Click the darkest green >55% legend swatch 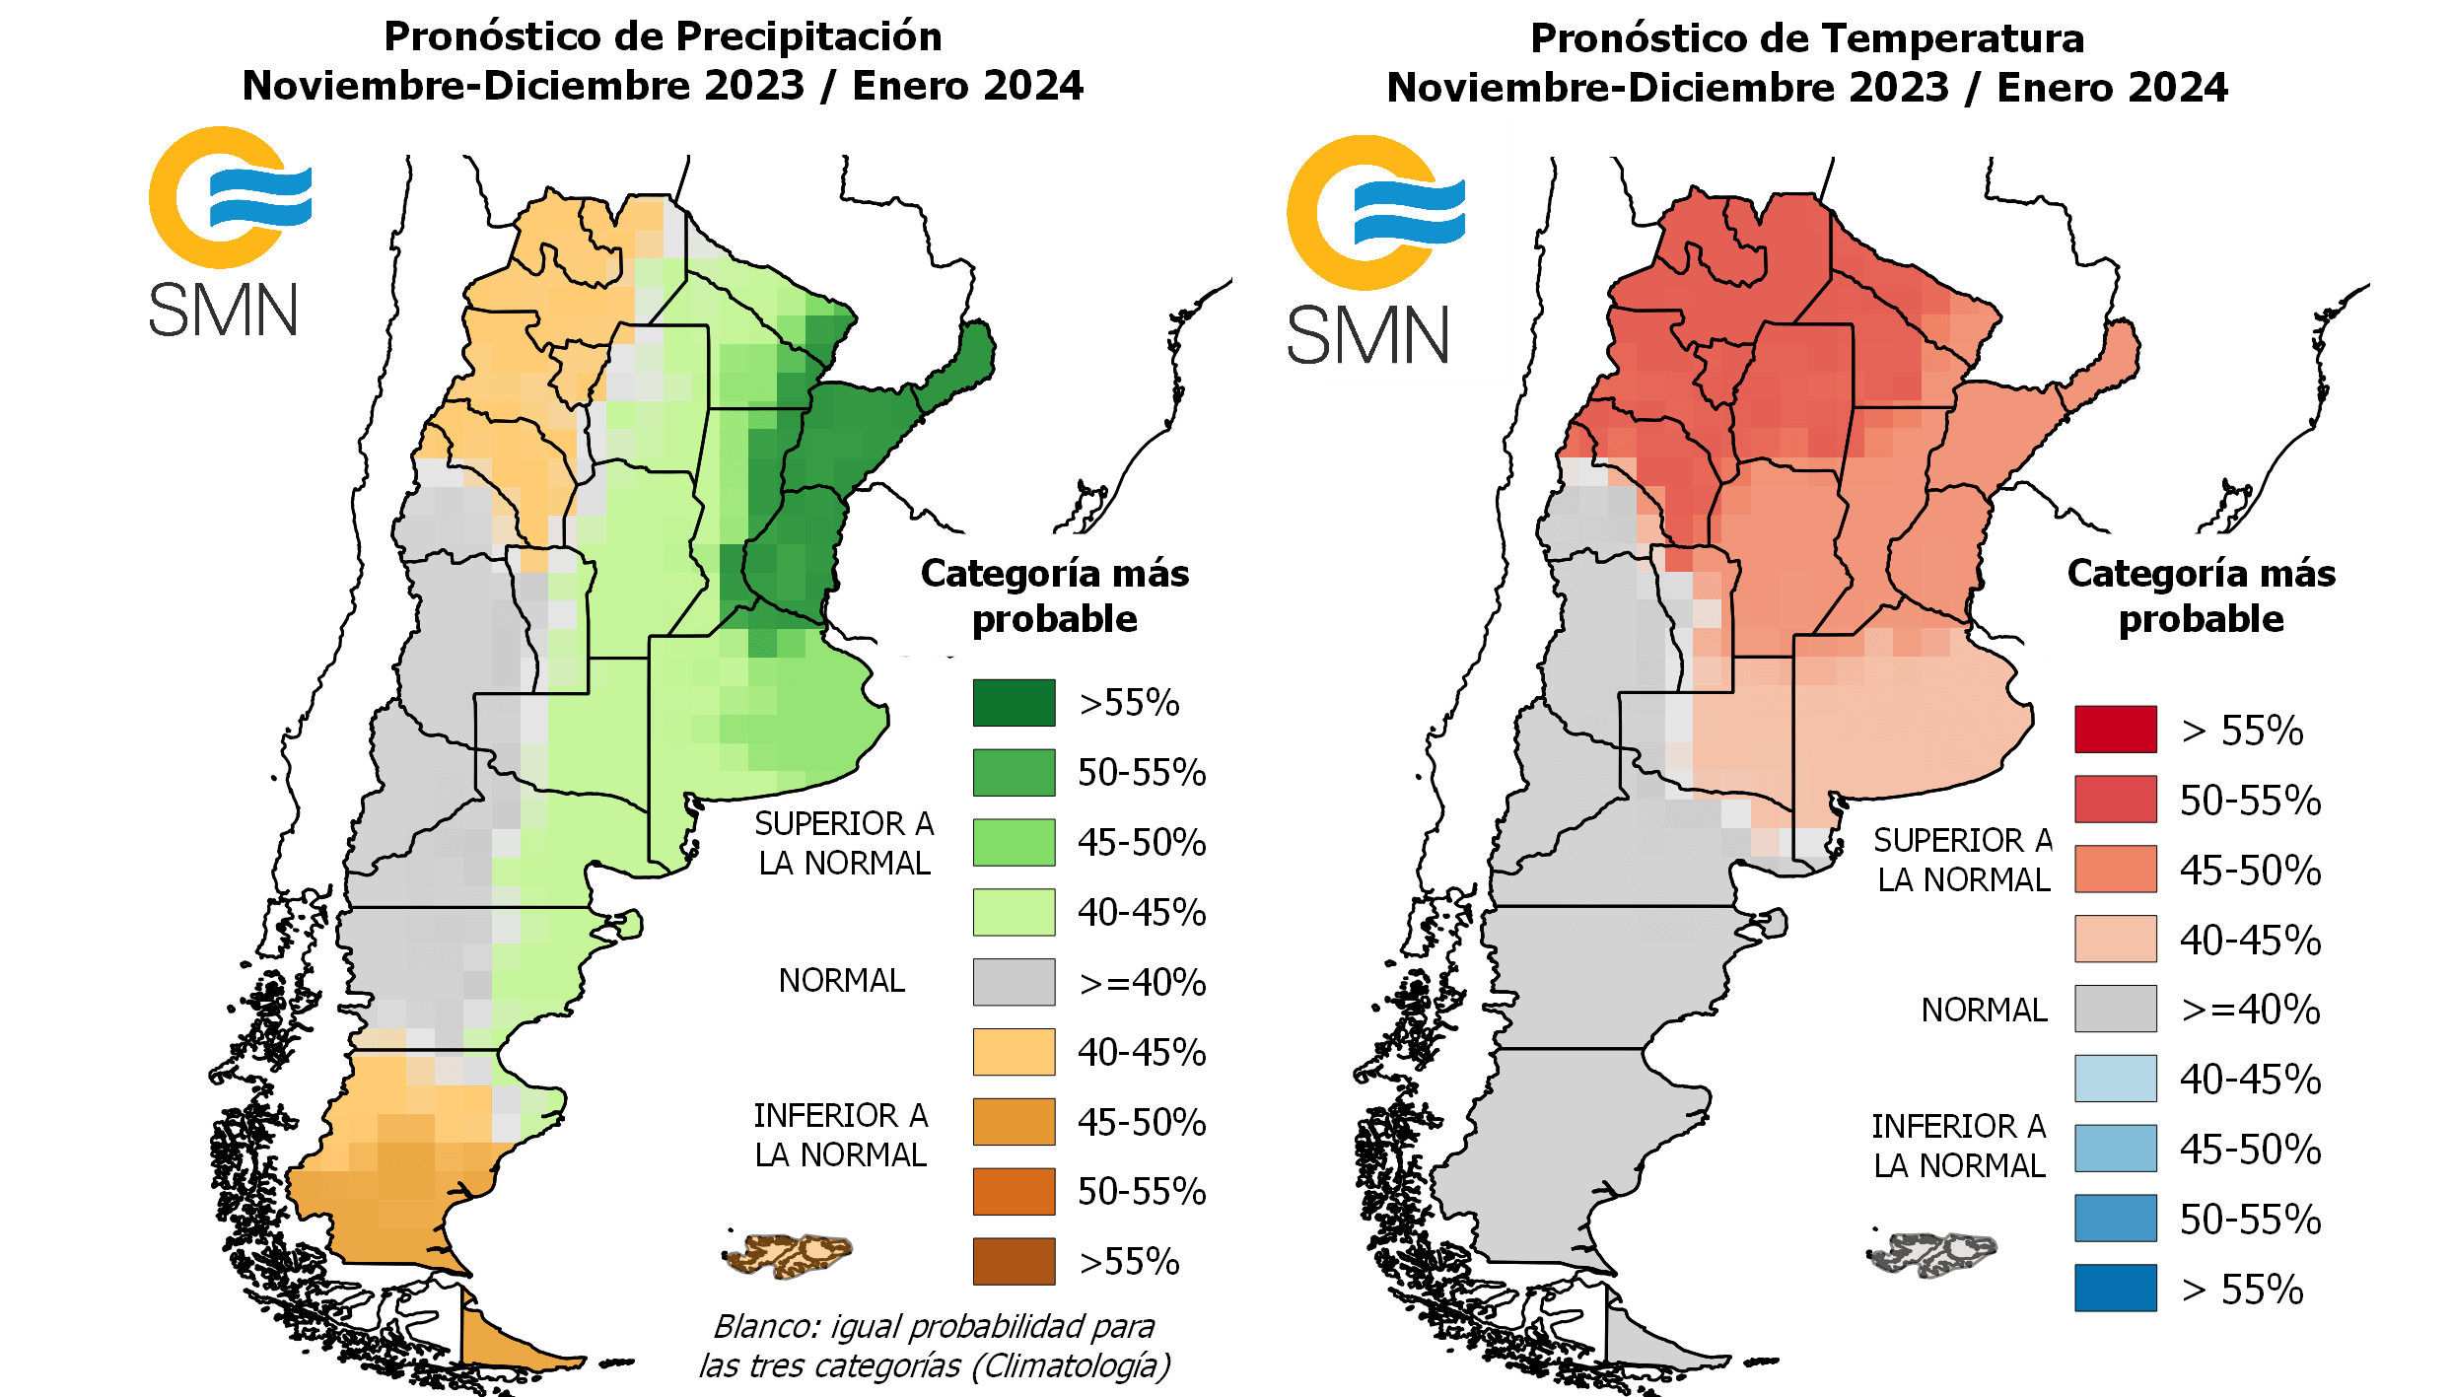(x=1014, y=702)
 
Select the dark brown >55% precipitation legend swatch (x=1014, y=1261)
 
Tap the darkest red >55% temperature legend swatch (x=2115, y=730)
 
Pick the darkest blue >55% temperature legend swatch (x=2115, y=1288)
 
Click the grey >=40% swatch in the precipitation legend (x=1014, y=982)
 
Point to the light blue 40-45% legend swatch (x=2115, y=1079)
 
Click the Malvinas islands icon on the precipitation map (x=789, y=1255)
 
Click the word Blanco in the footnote (x=765, y=1327)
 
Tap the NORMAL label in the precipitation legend (x=841, y=981)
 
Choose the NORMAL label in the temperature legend (x=1984, y=1010)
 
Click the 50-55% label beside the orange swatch (x=1142, y=1192)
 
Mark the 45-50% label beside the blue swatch (x=2250, y=1150)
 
